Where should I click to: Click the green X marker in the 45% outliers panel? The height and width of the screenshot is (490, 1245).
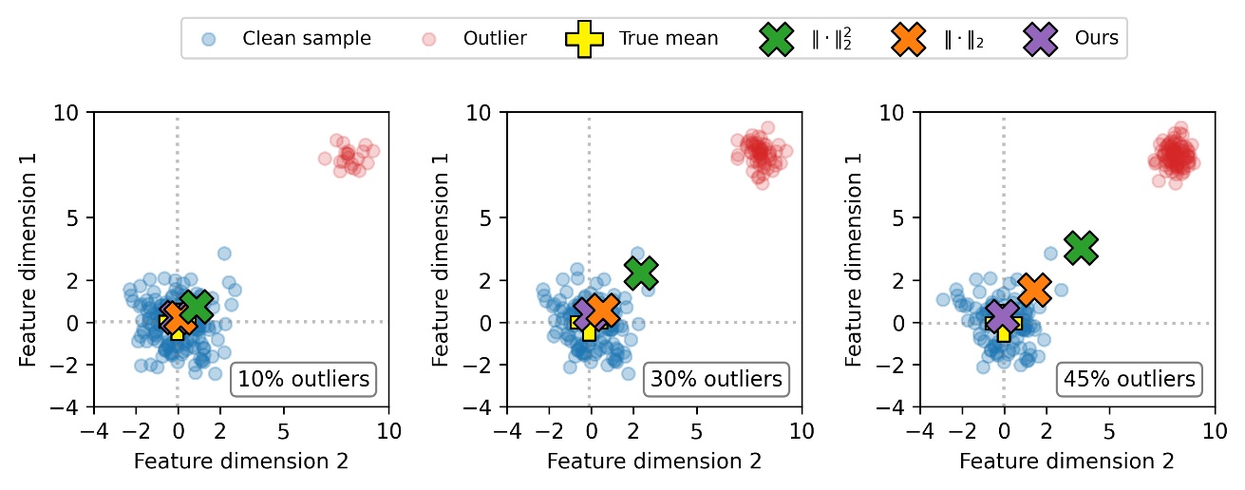click(x=1081, y=247)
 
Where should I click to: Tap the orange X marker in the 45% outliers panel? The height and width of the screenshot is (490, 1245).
click(x=1034, y=290)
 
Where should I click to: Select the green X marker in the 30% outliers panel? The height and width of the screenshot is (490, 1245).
click(x=641, y=273)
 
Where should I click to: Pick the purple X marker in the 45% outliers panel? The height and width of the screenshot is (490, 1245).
click(x=1002, y=316)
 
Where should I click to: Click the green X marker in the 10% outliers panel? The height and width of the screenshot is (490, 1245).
click(x=197, y=307)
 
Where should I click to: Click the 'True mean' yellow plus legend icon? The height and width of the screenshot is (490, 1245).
click(x=583, y=39)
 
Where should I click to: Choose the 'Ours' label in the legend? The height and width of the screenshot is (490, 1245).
click(x=1096, y=39)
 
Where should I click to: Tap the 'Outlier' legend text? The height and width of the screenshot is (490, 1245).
click(x=495, y=39)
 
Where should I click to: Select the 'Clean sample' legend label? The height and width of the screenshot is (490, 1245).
click(x=307, y=39)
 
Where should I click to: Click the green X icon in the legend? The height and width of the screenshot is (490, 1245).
click(x=778, y=39)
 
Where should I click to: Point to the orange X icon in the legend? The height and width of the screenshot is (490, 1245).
click(x=910, y=39)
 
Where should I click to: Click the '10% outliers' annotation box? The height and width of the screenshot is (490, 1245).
click(x=303, y=379)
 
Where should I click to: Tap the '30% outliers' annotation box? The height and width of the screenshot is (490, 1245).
click(x=716, y=379)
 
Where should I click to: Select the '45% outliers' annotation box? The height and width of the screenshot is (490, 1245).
click(x=1128, y=379)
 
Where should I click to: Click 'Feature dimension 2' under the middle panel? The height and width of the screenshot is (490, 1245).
click(x=653, y=462)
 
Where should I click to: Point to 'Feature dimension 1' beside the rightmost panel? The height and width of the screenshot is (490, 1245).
click(x=853, y=259)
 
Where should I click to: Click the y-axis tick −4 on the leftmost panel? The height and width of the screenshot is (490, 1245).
click(x=68, y=407)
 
